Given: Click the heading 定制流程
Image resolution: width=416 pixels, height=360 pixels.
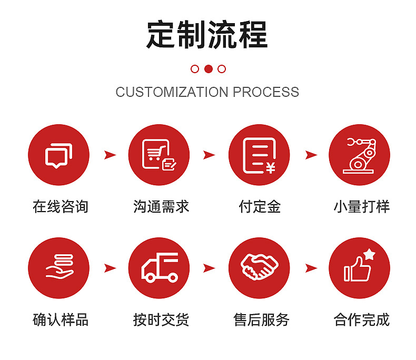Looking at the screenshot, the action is coord(207,35).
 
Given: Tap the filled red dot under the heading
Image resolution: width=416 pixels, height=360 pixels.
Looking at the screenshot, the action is coord(208,68).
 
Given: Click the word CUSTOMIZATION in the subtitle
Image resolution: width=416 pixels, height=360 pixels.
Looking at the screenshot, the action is coord(172,92).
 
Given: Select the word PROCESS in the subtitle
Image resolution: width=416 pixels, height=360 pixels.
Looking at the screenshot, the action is coord(266,92).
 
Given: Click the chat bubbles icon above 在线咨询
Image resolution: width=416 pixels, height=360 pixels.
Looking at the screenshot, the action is coord(58,155).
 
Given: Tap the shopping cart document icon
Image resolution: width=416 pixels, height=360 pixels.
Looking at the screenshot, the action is coord(159,155).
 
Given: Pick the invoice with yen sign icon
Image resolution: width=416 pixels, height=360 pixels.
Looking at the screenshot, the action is coord(259,155).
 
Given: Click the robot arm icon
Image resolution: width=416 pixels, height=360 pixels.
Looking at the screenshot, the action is coord(359,155).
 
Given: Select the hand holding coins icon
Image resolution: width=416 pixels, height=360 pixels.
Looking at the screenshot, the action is coord(58,268).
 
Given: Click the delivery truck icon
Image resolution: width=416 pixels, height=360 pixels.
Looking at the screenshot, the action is coord(159,268).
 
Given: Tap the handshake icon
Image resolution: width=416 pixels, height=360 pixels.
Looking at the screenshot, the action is coord(259,268).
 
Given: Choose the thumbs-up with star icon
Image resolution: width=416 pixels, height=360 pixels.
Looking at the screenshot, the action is coord(359,268).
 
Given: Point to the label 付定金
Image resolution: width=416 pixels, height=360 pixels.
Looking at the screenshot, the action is coord(259,206).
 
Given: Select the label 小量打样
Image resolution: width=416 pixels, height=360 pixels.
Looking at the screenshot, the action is coord(361,206).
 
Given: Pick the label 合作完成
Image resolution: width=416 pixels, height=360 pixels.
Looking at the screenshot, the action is coord(361,319).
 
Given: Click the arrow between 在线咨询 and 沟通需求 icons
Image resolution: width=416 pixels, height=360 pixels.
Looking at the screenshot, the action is coord(110,155).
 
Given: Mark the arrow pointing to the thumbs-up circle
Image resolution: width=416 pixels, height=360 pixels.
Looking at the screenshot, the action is coord(311,268).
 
